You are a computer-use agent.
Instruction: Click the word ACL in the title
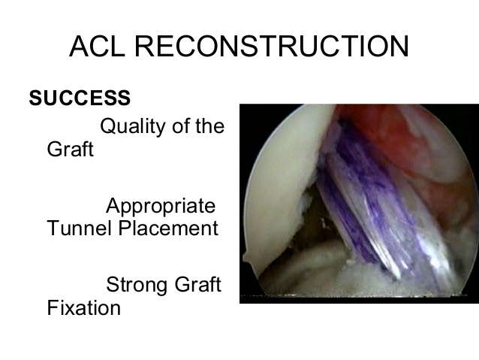pyautogui.click(x=97, y=46)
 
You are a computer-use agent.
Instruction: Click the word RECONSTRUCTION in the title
pyautogui.click(x=272, y=46)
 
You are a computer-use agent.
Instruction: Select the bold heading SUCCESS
pyautogui.click(x=80, y=98)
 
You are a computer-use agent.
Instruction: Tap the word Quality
pyautogui.click(x=133, y=126)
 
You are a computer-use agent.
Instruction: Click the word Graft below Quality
pyautogui.click(x=71, y=149)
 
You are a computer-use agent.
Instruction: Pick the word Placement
pyautogui.click(x=168, y=228)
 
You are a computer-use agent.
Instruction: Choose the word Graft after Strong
pyautogui.click(x=198, y=284)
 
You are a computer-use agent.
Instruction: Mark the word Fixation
pyautogui.click(x=83, y=307)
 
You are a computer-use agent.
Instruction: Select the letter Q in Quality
pyautogui.click(x=108, y=126)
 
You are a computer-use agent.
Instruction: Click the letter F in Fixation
pyautogui.click(x=53, y=307)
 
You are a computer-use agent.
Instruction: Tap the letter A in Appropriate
pyautogui.click(x=113, y=205)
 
